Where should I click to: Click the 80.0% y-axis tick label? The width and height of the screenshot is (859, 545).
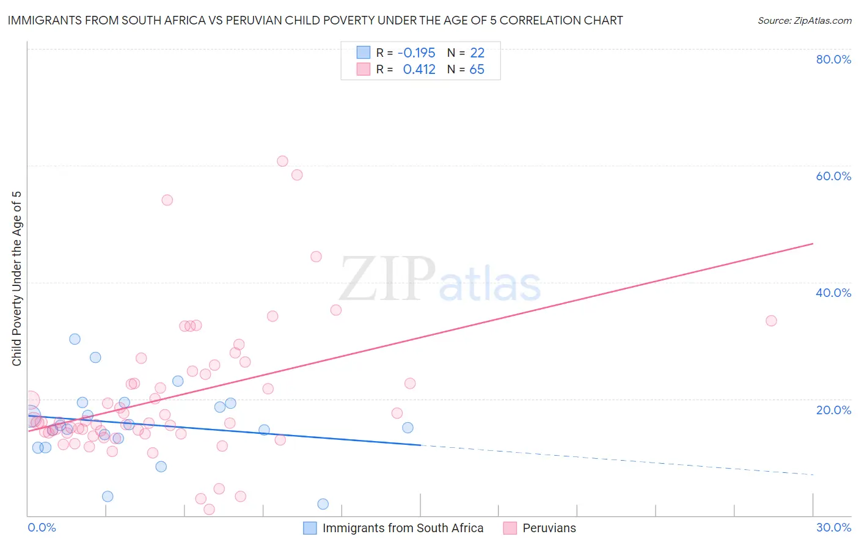tap(833, 59)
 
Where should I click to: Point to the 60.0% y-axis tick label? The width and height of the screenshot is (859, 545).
tap(833, 176)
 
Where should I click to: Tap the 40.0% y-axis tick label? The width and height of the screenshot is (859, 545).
tap(833, 293)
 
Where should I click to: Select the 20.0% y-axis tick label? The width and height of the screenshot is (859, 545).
tap(833, 409)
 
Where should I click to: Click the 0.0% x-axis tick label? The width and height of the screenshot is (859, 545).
tap(42, 527)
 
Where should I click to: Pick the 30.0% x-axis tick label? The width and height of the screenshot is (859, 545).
tap(833, 527)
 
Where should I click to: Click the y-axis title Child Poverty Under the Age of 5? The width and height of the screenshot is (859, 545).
tap(16, 279)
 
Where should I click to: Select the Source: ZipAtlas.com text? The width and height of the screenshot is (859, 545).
tap(804, 20)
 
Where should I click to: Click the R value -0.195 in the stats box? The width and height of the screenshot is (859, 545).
tap(416, 53)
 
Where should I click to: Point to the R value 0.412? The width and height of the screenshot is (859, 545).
tap(419, 70)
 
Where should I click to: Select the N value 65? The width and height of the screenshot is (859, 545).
tap(477, 70)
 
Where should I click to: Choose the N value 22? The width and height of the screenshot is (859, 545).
tap(477, 53)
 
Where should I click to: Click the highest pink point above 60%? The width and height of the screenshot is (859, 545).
tap(282, 161)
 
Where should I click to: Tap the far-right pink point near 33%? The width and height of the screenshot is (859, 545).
tap(771, 321)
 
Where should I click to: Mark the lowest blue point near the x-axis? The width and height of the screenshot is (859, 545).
tap(323, 504)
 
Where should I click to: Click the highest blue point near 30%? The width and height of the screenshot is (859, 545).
tap(75, 339)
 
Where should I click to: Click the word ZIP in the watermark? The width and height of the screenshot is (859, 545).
tap(387, 279)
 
